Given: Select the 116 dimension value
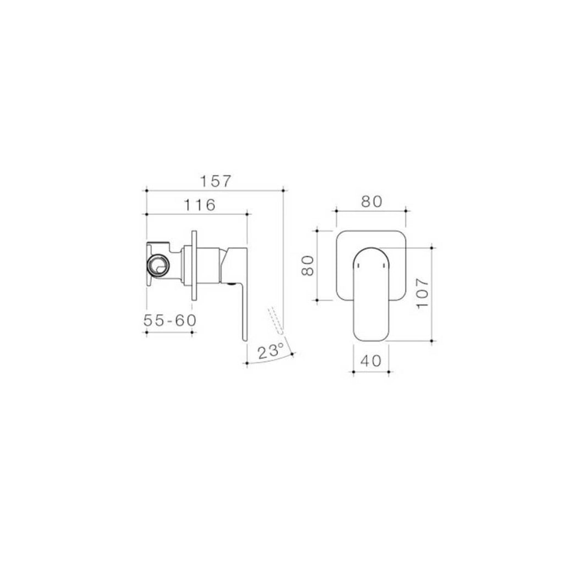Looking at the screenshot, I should pyautogui.click(x=198, y=205).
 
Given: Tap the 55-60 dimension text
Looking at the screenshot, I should pyautogui.click(x=170, y=320).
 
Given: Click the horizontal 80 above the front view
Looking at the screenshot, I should pyautogui.click(x=371, y=202).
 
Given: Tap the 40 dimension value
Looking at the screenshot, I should pyautogui.click(x=371, y=361).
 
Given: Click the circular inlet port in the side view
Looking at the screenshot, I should pyautogui.click(x=158, y=264).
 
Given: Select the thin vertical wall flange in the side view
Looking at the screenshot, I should pyautogui.click(x=194, y=265).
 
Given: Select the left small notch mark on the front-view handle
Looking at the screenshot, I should pyautogui.click(x=358, y=266).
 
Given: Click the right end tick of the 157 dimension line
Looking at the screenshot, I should pyautogui.click(x=282, y=190).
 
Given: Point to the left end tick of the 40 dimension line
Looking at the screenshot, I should pyautogui.click(x=352, y=372).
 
